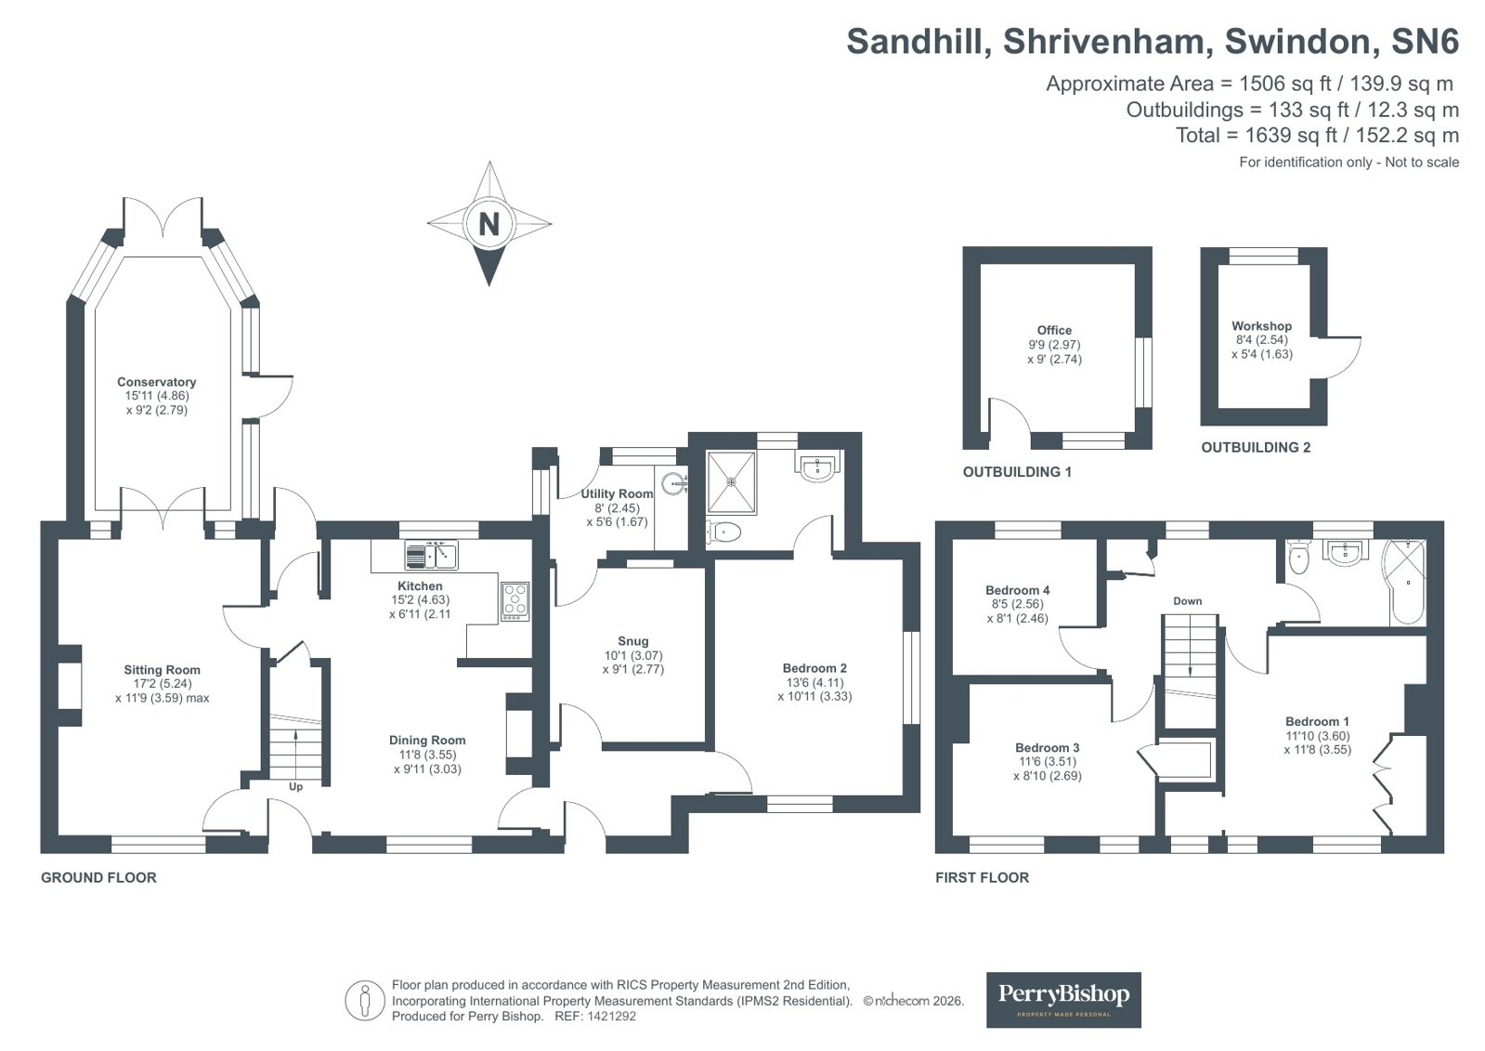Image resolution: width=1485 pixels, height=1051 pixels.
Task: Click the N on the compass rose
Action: (488, 224)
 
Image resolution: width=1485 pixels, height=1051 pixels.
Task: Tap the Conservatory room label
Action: (156, 382)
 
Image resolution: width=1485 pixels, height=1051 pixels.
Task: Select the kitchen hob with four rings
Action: (515, 601)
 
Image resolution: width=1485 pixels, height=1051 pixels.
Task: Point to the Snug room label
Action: (632, 641)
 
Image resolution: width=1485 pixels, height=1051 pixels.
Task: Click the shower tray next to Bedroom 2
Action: (731, 482)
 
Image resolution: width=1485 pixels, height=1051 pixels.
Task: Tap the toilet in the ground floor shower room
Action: (723, 532)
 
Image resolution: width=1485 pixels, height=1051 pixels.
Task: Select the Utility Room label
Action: (617, 493)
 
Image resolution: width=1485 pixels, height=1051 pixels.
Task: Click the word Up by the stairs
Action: (295, 786)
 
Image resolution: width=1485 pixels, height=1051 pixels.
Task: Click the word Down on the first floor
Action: (1187, 601)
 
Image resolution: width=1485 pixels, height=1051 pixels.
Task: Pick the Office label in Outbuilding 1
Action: (1054, 330)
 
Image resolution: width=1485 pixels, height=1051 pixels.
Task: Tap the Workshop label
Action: (1261, 326)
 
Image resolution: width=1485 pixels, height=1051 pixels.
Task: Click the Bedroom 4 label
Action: (1017, 590)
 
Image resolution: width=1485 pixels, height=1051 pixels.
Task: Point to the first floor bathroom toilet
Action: (1299, 558)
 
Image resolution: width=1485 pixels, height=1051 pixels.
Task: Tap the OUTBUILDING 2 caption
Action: (1256, 448)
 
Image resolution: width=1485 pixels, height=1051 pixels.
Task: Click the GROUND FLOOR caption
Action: (98, 877)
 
